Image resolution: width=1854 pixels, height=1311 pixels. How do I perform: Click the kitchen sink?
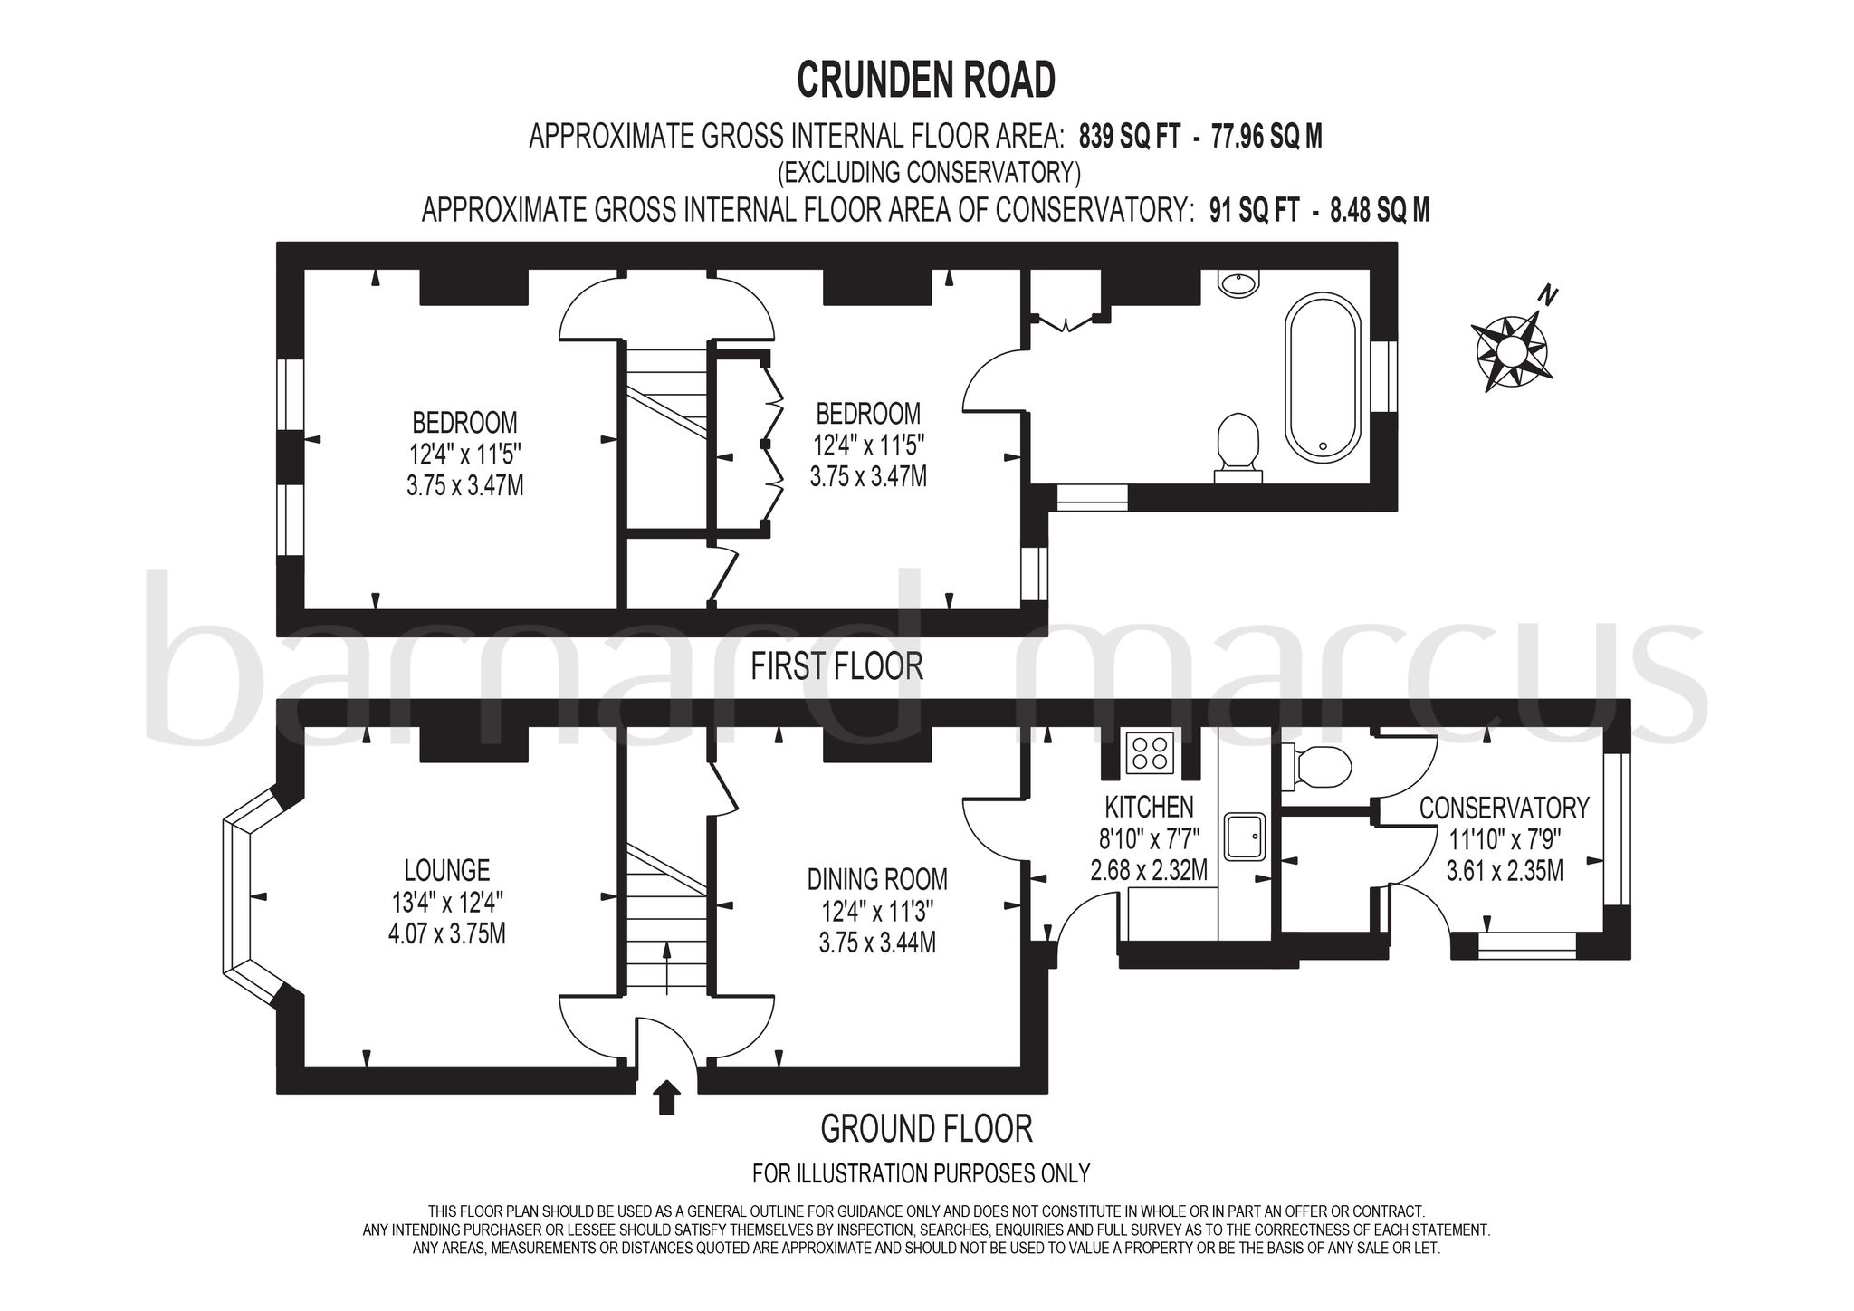pyautogui.click(x=1247, y=836)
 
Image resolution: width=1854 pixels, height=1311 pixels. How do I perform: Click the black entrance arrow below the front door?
pyautogui.click(x=667, y=1096)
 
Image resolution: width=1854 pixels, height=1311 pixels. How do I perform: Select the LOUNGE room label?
pyautogui.click(x=447, y=870)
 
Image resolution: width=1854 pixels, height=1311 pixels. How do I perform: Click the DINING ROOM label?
pyautogui.click(x=877, y=878)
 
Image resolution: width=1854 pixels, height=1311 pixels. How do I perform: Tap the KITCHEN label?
pyautogui.click(x=1149, y=807)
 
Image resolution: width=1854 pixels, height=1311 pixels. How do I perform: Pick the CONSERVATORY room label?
pyautogui.click(x=1504, y=808)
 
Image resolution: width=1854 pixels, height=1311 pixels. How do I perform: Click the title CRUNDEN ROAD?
pyautogui.click(x=926, y=81)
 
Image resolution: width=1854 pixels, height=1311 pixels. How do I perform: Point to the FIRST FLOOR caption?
pyautogui.click(x=837, y=666)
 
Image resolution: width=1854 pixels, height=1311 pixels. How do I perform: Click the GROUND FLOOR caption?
pyautogui.click(x=926, y=1129)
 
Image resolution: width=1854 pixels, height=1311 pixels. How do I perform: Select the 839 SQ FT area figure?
pyautogui.click(x=1130, y=137)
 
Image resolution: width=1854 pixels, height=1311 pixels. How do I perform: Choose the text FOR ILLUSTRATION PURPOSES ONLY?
pyautogui.click(x=922, y=1174)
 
